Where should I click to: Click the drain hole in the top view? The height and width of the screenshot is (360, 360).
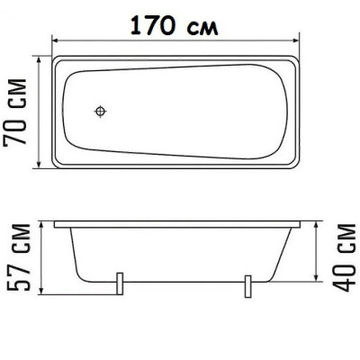102,112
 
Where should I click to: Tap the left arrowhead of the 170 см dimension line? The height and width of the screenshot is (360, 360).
55,39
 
